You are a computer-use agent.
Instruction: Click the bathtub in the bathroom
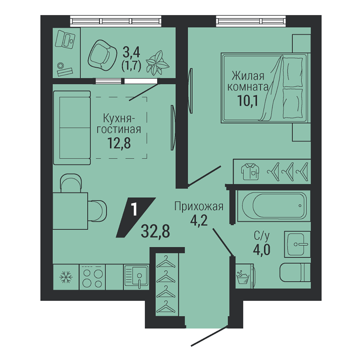click(x=274, y=206)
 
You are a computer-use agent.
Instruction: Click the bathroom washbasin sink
click(x=297, y=244)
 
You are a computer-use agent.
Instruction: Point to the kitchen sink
click(x=136, y=277)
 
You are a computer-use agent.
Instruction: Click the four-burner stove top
click(x=92, y=277)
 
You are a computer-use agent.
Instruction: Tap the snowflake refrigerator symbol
click(x=66, y=277)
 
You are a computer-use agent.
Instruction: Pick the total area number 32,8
click(x=155, y=232)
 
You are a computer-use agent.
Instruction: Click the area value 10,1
click(x=248, y=100)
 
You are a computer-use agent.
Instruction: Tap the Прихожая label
click(x=199, y=206)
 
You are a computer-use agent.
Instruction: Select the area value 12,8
click(x=119, y=143)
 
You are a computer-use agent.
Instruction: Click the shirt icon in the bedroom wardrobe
click(x=250, y=172)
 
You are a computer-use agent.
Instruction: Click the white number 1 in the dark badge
click(x=135, y=210)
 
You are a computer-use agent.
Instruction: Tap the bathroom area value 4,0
click(x=262, y=249)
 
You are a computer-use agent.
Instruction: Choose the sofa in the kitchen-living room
click(x=72, y=128)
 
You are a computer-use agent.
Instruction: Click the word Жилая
click(x=248, y=76)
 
